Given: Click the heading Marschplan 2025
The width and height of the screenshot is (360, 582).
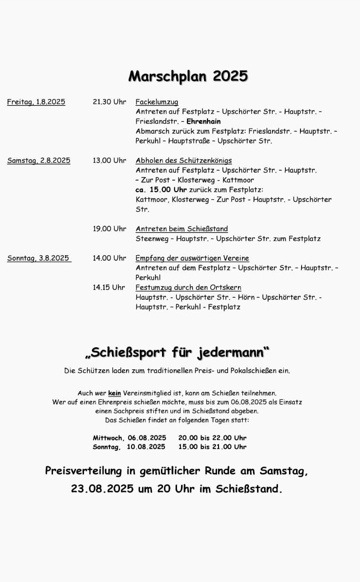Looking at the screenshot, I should point(188,76).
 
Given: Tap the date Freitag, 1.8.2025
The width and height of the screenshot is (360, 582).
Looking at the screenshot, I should point(36,102).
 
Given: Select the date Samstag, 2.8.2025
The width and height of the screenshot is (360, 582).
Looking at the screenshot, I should point(38,161).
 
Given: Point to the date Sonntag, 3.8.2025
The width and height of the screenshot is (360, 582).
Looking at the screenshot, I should point(38,258).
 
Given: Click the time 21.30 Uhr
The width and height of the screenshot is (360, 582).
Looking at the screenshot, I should point(109,102).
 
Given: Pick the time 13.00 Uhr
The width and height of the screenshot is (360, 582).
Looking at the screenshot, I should point(109,161).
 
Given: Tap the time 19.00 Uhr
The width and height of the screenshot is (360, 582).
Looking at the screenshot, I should point(109,229).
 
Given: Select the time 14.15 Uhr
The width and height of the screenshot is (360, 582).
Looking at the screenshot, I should point(108,287).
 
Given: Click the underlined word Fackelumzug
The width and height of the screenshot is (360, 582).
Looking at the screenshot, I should point(156,102).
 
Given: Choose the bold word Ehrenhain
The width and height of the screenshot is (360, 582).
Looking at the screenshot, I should point(203,121).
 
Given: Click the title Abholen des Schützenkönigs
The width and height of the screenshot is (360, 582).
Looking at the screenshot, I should point(183,161).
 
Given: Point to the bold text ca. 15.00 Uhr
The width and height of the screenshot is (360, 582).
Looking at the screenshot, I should point(161,190).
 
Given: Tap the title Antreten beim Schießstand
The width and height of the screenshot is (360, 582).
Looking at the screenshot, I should point(181,229).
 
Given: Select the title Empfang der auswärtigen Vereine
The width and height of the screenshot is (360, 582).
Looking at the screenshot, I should point(192,258).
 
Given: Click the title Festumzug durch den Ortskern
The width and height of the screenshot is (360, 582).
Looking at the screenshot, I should point(188,287).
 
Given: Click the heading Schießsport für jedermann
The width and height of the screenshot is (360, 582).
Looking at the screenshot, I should point(177,352).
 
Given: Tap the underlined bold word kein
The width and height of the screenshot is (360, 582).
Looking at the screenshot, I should point(114,393).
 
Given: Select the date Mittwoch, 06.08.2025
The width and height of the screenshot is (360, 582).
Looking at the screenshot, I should point(129,438).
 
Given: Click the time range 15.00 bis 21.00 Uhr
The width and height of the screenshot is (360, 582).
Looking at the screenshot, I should point(212,447).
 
